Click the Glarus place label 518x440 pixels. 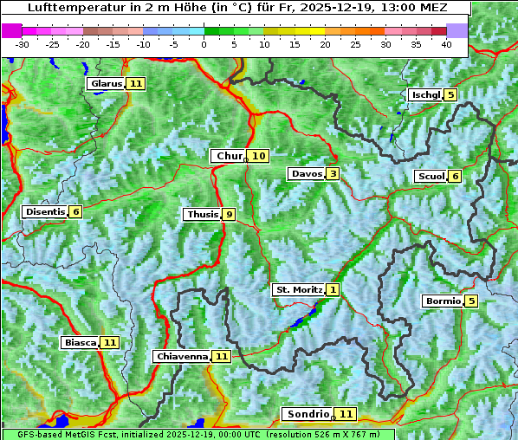click(x=106, y=83)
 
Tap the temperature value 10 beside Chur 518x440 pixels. click(x=259, y=156)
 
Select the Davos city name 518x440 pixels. click(x=307, y=174)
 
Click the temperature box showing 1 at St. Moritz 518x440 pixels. click(x=333, y=289)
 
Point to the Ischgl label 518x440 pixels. click(x=425, y=94)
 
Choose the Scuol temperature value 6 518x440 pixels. click(x=455, y=176)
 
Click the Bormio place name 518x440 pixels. click(x=442, y=301)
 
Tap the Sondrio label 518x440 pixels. click(x=308, y=414)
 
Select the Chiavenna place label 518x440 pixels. click(x=182, y=356)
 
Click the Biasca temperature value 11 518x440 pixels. click(x=109, y=342)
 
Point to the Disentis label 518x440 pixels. click(x=45, y=211)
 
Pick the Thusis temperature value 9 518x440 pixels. click(x=229, y=214)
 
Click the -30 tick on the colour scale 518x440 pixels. click(x=23, y=43)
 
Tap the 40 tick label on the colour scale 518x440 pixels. click(x=446, y=43)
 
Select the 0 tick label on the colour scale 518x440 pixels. click(x=204, y=43)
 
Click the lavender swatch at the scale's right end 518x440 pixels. click(x=457, y=29)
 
